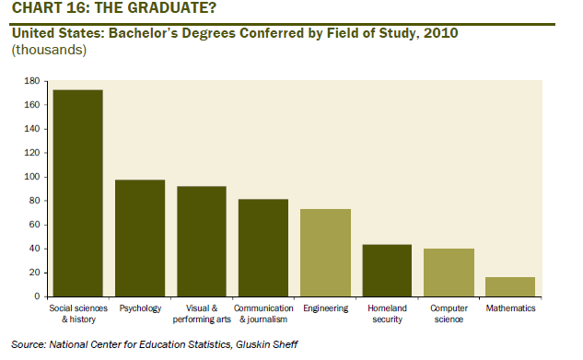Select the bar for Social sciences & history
(78, 193)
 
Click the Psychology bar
(140, 238)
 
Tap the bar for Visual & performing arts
(202, 241)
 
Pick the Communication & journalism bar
(263, 248)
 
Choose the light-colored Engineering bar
(325, 252)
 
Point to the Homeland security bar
(387, 271)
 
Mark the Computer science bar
(449, 273)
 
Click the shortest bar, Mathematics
(510, 287)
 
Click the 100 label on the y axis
(32, 177)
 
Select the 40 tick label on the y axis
(34, 249)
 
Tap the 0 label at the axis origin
(37, 296)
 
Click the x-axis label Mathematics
(510, 308)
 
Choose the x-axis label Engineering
(326, 308)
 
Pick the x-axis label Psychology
(140, 308)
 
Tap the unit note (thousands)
(49, 50)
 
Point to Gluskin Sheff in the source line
(266, 344)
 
